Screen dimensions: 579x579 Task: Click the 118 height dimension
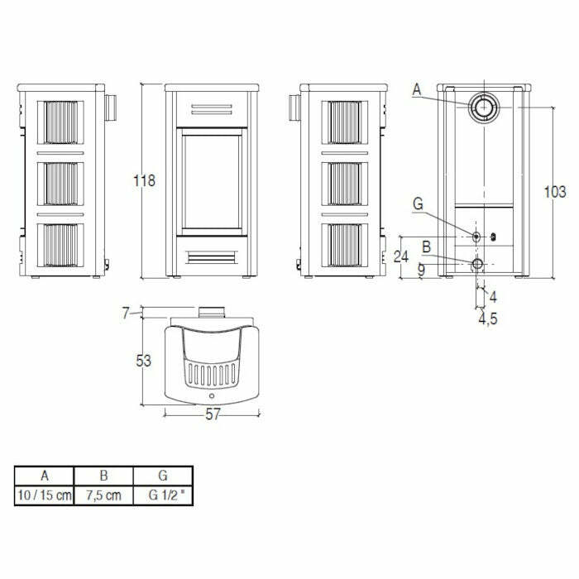click(146, 181)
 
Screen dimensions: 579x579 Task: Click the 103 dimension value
click(555, 192)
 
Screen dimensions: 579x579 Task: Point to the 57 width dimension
click(213, 415)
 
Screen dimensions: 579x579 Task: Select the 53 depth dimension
click(146, 361)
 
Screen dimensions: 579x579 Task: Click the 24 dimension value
click(401, 256)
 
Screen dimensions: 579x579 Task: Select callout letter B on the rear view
click(425, 246)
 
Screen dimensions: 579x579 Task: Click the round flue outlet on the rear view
click(482, 107)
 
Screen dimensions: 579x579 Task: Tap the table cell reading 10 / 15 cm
click(44, 495)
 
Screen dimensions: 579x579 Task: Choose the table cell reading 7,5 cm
click(103, 495)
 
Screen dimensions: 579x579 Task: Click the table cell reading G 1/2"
click(162, 495)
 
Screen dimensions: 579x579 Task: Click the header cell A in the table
click(44, 476)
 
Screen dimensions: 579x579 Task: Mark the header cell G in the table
click(162, 476)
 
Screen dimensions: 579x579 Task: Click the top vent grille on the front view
click(212, 108)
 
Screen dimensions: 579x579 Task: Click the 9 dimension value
click(421, 270)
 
